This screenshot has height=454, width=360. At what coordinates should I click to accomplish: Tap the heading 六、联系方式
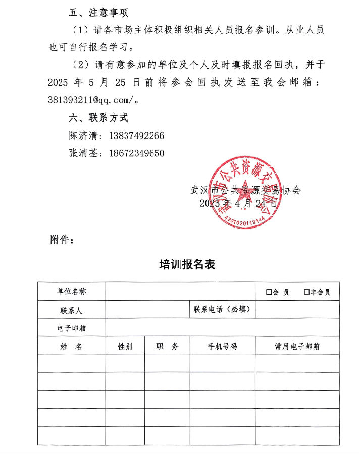98,118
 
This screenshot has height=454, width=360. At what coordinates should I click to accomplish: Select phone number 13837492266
136,136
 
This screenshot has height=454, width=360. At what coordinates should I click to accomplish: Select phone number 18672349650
136,153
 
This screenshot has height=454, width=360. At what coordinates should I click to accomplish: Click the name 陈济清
81,136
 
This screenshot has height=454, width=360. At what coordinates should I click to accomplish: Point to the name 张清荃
81,153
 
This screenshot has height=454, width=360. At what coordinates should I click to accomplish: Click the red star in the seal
243,190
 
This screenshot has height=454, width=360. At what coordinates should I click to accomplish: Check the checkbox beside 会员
269,292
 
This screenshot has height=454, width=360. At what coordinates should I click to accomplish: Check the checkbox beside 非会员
306,292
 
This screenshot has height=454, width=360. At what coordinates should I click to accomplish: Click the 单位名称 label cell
71,292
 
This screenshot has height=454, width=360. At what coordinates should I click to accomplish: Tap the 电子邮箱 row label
71,327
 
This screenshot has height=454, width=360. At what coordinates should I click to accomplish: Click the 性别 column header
125,346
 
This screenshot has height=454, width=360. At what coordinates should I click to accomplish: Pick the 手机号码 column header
222,346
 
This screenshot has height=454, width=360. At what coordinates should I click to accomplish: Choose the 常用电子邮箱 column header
297,346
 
